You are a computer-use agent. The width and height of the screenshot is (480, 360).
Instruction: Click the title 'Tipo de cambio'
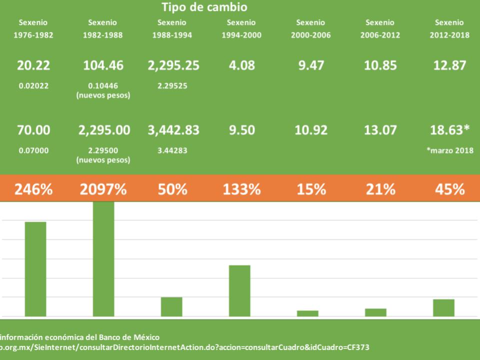204,7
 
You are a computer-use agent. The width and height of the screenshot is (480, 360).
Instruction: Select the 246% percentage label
33,189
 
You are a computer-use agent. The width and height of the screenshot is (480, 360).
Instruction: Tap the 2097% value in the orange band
103,189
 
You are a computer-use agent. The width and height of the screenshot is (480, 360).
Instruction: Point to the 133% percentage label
241,189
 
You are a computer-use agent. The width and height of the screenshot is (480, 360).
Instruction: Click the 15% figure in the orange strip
311,189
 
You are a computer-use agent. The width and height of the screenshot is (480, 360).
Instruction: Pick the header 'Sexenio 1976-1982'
33,28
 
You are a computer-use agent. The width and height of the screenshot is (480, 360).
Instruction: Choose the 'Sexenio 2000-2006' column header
310,28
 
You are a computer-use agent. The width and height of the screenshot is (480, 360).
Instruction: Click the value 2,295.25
173,65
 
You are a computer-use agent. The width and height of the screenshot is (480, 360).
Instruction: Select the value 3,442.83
173,130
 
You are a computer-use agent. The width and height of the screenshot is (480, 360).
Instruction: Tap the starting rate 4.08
241,65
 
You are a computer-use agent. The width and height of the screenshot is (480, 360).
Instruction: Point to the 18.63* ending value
449,130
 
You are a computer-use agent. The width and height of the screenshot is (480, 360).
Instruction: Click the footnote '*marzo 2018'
449,150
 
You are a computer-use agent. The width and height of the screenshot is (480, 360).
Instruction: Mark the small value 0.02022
33,85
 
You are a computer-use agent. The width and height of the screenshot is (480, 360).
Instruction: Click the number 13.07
380,130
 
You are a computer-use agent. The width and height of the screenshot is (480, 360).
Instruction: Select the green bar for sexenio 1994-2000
239,291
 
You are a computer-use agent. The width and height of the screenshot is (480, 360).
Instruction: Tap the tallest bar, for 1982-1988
103,259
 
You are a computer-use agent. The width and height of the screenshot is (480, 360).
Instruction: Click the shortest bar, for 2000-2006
307,313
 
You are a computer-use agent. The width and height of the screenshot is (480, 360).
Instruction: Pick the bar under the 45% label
443,308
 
